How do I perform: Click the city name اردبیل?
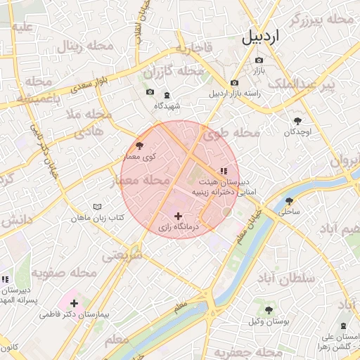coord(270,37)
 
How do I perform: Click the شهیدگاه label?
coord(167,105)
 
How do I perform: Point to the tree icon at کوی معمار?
coord(139,146)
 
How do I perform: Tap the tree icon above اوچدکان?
coord(299,121)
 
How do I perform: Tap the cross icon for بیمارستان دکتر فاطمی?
coord(74,303)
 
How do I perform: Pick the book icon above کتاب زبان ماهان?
coord(97,207)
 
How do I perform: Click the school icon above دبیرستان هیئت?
coord(224,170)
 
